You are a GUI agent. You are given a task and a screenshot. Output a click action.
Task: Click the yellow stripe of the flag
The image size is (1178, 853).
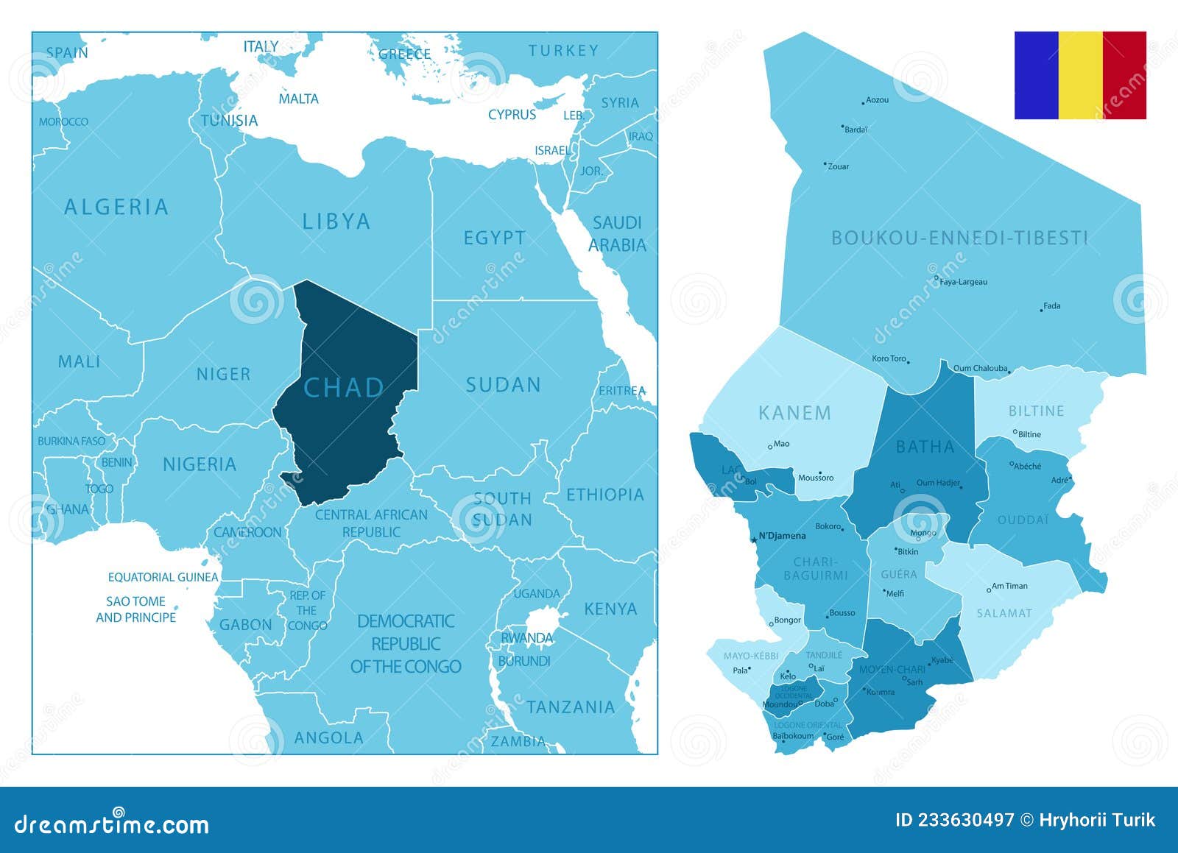point(1080,75)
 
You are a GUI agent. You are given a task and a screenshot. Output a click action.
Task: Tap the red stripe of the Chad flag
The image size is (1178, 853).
point(1124,75)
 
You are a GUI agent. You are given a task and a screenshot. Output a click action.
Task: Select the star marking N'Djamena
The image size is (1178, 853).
point(753,540)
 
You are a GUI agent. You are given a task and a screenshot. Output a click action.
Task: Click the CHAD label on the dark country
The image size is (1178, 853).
point(344,388)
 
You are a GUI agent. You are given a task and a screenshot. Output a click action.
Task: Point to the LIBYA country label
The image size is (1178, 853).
point(336,221)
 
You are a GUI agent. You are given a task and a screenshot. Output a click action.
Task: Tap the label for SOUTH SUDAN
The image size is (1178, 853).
point(502,509)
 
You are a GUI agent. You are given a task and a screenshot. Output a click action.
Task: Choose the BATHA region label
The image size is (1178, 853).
point(925,447)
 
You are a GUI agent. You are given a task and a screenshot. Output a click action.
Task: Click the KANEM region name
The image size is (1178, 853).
point(794,413)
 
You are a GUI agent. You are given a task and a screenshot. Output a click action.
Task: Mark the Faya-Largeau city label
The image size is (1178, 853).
point(963,282)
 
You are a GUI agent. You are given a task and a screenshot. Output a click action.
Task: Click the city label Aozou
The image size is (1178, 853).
point(877,100)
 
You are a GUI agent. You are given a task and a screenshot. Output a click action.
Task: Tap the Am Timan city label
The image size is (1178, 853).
point(1009,586)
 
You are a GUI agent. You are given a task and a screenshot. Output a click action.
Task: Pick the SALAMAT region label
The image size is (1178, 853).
point(1004,613)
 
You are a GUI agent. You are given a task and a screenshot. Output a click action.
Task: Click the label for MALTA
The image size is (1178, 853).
point(298,99)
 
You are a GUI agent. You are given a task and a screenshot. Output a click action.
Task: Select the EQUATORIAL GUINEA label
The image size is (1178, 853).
point(163,577)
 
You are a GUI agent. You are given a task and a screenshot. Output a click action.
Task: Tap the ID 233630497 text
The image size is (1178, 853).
point(954,820)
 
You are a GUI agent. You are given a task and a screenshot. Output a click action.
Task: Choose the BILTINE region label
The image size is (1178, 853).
point(1036,411)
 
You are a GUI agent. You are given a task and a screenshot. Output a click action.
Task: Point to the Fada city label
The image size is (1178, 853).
point(1051,306)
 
